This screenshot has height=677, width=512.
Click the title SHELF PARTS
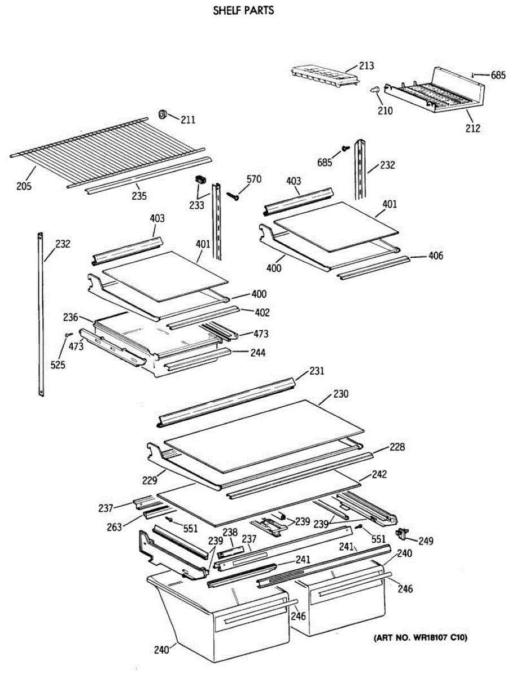pos(244,10)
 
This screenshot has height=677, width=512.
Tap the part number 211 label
pos(188,119)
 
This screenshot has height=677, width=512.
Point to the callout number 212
pos(472,128)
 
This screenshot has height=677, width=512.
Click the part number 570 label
pos(254,179)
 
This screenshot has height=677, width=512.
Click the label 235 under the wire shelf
pos(139,196)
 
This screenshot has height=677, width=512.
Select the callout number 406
pos(436,256)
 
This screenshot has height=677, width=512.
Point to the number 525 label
pos(57,364)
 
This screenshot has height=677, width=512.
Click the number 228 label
pos(397,447)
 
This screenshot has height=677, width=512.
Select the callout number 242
pos(379,474)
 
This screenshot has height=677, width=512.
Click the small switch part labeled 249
pos(403,532)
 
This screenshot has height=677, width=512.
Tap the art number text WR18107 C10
pos(420,638)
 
